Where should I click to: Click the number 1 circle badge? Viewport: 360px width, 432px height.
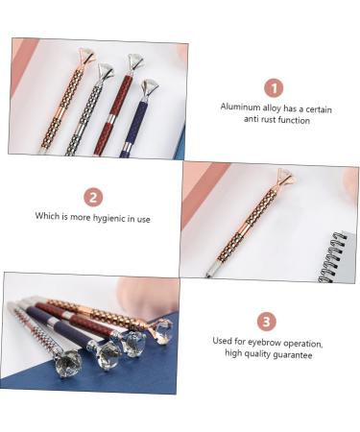[x=274, y=88]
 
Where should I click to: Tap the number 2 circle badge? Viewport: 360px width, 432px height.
[x=93, y=197]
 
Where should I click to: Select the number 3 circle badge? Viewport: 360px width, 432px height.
[x=267, y=321]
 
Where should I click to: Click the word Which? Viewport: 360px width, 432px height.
[x=47, y=215]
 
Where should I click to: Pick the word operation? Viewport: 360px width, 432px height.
[x=303, y=344]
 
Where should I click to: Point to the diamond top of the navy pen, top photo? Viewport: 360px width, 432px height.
[x=148, y=87]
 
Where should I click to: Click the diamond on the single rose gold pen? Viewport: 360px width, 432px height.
[x=286, y=176]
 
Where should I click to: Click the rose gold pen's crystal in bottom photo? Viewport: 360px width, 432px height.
[x=163, y=331]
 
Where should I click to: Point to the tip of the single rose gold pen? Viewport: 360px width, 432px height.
[x=207, y=275]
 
